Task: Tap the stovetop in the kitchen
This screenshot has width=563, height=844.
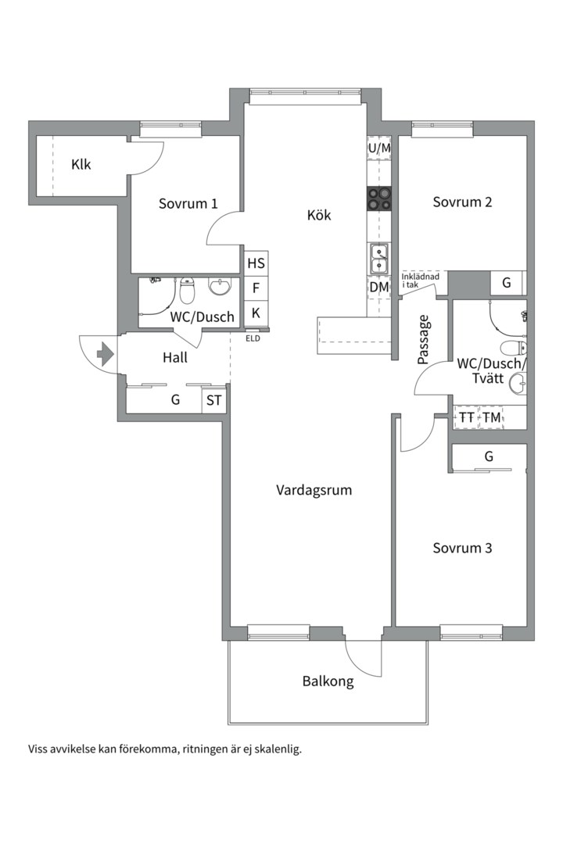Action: (x=379, y=198)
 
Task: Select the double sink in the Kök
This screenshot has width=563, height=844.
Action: (x=378, y=259)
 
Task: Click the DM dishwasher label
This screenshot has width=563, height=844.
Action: (x=379, y=287)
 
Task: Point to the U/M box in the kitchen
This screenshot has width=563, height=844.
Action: (x=379, y=148)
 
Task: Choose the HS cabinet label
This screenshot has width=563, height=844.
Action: (x=256, y=263)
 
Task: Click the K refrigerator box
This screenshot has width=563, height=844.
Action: (x=256, y=313)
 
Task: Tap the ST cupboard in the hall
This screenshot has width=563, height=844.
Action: (x=214, y=401)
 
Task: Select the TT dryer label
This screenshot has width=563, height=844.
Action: (x=467, y=417)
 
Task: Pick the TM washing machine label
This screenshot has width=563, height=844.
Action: (x=491, y=417)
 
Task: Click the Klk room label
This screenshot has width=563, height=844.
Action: (x=81, y=165)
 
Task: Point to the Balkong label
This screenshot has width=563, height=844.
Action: (x=328, y=682)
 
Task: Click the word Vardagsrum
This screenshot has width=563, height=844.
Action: (x=314, y=490)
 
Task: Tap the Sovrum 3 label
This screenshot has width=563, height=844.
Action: (x=462, y=549)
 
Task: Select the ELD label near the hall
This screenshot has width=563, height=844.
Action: (x=253, y=338)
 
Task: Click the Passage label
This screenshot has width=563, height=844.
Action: (x=424, y=340)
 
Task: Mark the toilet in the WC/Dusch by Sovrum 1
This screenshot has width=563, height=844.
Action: (x=187, y=291)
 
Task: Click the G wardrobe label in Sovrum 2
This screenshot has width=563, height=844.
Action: (x=507, y=283)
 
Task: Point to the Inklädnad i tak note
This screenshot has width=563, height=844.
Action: (x=420, y=281)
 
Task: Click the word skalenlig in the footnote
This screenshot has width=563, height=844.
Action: (x=278, y=749)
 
